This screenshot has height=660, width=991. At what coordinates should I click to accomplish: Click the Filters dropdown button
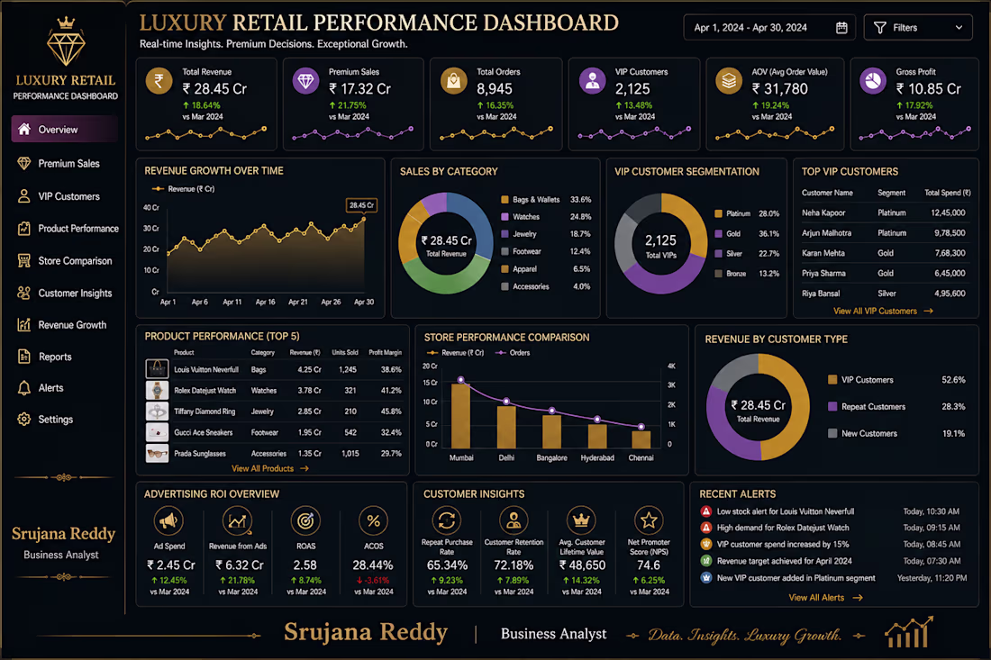918,28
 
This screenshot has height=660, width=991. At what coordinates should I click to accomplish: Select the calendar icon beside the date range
841,28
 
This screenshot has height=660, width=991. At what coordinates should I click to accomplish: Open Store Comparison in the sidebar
75,261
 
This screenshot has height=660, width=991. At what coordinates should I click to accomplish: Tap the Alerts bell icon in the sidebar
24,388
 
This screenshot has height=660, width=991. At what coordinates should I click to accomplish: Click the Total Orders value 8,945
495,89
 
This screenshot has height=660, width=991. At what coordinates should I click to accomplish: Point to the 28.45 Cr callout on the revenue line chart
361,205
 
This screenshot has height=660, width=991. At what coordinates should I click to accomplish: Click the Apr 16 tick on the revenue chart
265,302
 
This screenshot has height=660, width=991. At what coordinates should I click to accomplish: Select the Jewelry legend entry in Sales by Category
524,234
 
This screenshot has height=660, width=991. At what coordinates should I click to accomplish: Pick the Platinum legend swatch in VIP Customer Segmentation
719,214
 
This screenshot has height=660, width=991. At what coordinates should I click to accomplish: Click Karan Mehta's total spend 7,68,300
950,253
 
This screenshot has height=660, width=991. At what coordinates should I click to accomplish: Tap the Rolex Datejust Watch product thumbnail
157,390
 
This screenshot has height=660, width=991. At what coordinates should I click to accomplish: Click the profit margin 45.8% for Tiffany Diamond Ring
391,411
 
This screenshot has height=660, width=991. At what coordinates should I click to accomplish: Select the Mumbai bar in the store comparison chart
460,416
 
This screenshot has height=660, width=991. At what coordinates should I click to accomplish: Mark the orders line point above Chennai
641,427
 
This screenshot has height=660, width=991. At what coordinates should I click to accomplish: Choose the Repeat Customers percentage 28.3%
953,407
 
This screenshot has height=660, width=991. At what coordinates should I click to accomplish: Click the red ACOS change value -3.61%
373,581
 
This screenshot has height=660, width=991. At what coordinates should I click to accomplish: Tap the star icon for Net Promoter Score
649,521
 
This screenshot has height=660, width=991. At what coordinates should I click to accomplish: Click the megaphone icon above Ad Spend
168,521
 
